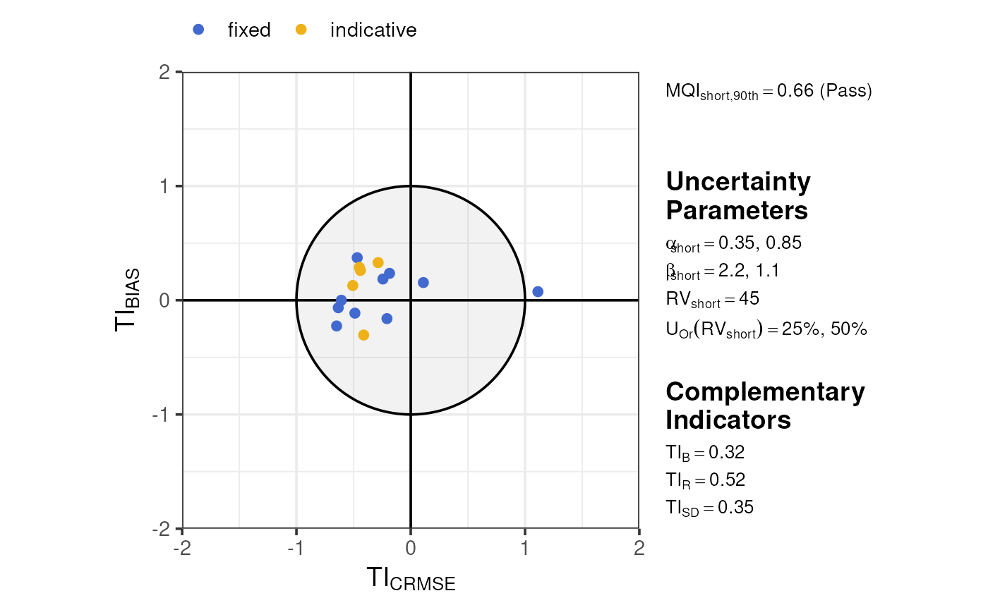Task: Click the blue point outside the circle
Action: pyautogui.click(x=538, y=291)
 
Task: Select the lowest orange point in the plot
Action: pyautogui.click(x=363, y=335)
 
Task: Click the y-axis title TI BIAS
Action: pyautogui.click(x=128, y=300)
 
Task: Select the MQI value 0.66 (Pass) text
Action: pyautogui.click(x=769, y=92)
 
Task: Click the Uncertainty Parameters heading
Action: pyautogui.click(x=738, y=196)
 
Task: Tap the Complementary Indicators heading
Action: pyautogui.click(x=765, y=405)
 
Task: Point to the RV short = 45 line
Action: pyautogui.click(x=712, y=299)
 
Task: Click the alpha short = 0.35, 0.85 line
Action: pyautogui.click(x=733, y=243)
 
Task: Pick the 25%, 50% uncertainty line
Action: pyautogui.click(x=766, y=329)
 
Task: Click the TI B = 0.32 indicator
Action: pyautogui.click(x=705, y=453)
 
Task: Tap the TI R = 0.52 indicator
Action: pyautogui.click(x=706, y=480)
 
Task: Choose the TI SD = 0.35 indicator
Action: pyautogui.click(x=709, y=507)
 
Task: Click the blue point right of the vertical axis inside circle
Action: pyautogui.click(x=423, y=282)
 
